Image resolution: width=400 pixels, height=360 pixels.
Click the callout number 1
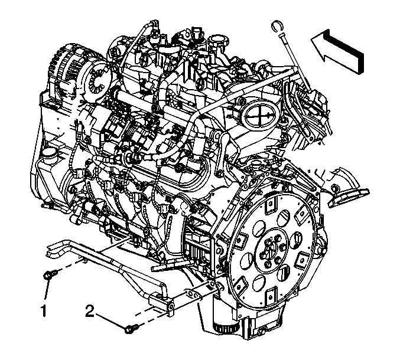pyautogui.click(x=44, y=310)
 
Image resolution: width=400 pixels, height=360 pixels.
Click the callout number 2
pyautogui.click(x=90, y=311)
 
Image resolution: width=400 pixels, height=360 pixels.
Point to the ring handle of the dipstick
pyautogui.click(x=277, y=27)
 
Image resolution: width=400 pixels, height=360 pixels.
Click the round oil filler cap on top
pyautogui.click(x=218, y=40)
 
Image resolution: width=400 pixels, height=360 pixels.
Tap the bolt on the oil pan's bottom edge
pyautogui.click(x=261, y=332)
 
